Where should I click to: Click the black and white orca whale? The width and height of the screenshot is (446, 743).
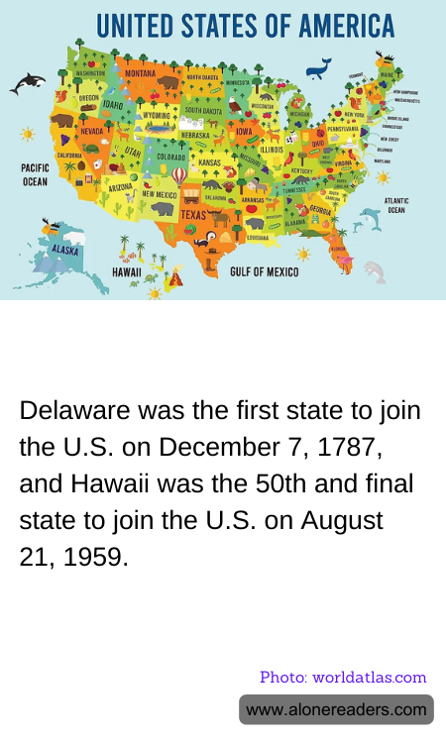pyautogui.click(x=27, y=84)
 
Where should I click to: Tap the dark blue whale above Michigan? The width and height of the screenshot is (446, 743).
pyautogui.click(x=318, y=68)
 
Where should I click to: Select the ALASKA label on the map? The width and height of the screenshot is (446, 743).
pyautogui.click(x=64, y=252)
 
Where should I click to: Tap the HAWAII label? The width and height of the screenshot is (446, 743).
pyautogui.click(x=126, y=271)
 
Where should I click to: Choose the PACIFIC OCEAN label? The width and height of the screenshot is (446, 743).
pyautogui.click(x=36, y=175)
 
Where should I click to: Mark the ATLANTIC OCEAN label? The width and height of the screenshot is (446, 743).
pyautogui.click(x=396, y=205)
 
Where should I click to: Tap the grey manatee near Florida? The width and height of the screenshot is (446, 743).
pyautogui.click(x=375, y=270)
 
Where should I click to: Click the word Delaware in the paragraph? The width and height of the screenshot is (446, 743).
pyautogui.click(x=68, y=411)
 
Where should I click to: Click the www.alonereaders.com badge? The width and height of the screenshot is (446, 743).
pyautogui.click(x=336, y=709)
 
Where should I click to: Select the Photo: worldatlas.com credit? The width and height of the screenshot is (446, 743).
pyautogui.click(x=343, y=678)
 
